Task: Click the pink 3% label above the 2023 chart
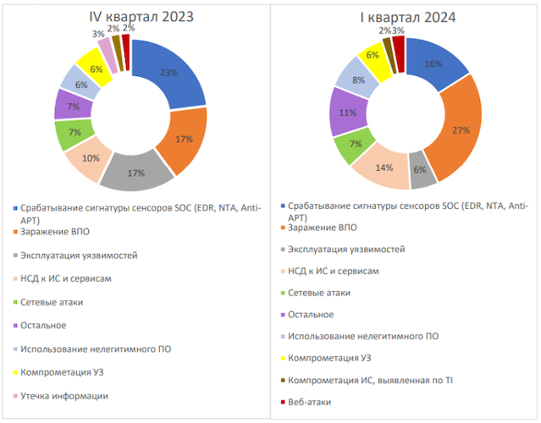[98, 34]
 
